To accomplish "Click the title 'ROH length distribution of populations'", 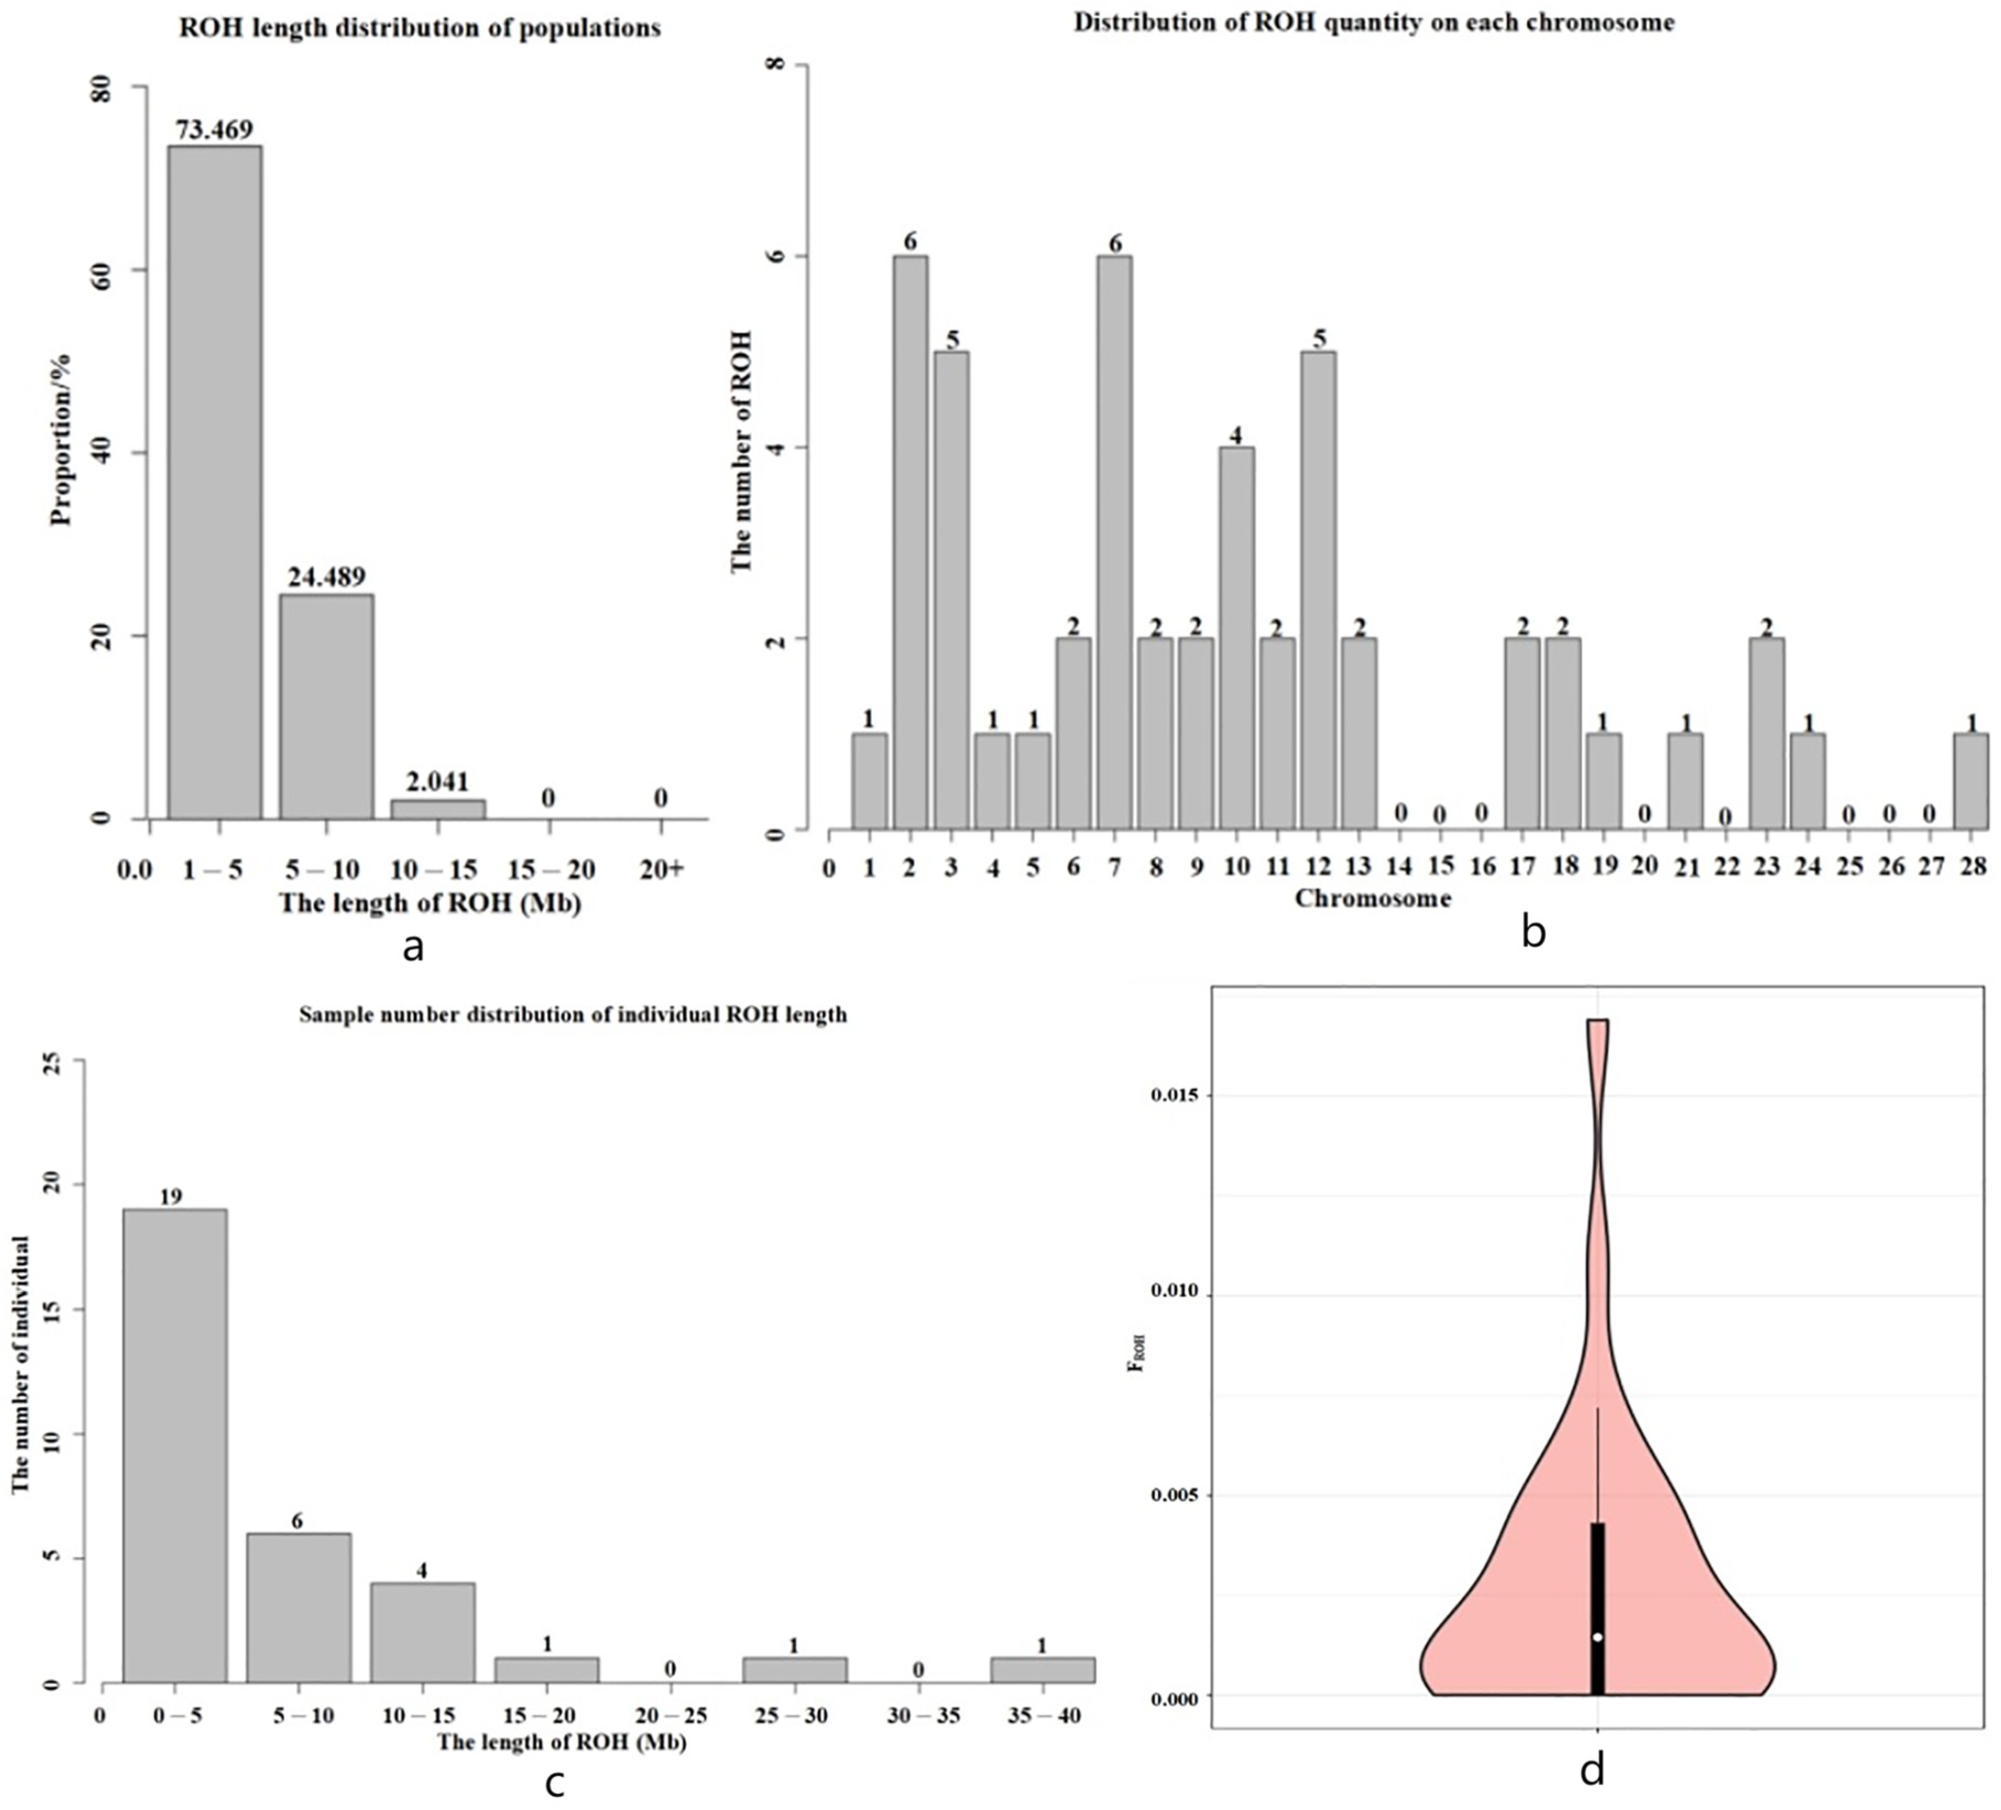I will [420, 28].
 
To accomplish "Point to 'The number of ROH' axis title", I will [741, 452].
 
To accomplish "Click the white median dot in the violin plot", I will [1597, 1636].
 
